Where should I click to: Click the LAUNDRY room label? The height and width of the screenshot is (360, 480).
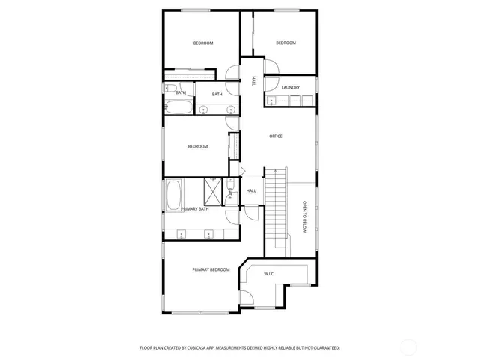point(291,88)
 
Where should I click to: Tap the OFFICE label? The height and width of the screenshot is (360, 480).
point(276,136)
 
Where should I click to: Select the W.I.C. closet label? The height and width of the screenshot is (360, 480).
point(270,274)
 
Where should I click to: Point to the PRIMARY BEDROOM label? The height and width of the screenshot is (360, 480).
point(211,269)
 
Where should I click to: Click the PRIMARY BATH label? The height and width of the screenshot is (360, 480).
point(194,209)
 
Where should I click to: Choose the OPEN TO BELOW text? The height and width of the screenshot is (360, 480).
point(305,217)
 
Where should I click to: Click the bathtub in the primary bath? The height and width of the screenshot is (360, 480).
point(173,194)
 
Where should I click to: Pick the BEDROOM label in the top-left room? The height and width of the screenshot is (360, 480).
point(203,43)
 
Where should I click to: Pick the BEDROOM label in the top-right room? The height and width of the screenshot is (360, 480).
point(286,43)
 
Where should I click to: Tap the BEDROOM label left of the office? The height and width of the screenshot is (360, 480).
point(198,146)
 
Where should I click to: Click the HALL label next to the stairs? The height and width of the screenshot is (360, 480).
point(252,191)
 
